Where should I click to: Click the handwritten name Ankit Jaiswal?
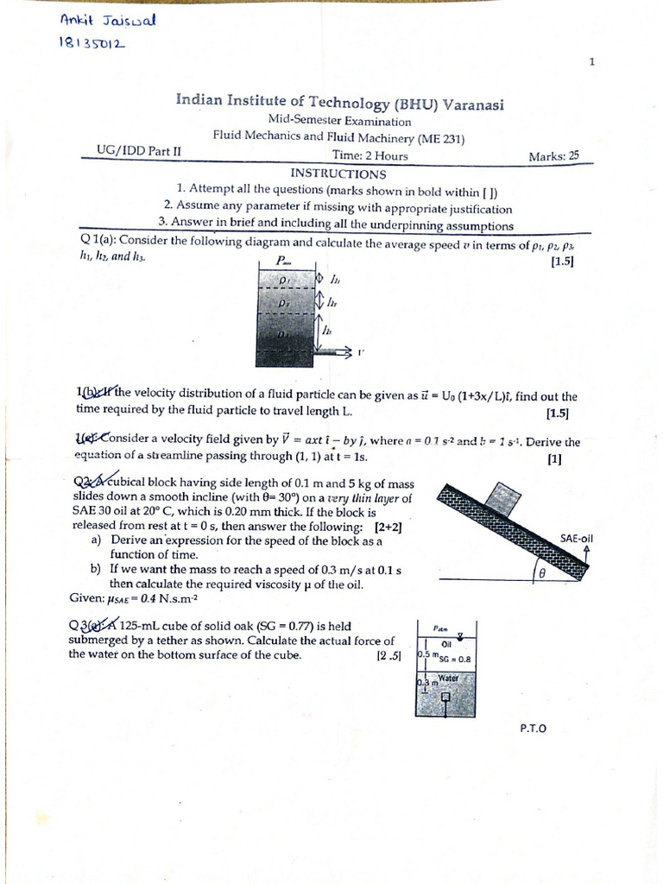click(x=107, y=21)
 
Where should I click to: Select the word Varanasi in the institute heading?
click(x=474, y=104)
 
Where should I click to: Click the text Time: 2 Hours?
click(x=369, y=155)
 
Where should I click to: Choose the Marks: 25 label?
click(x=553, y=156)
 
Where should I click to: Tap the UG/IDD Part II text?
click(x=140, y=150)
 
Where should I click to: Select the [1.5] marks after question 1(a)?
click(x=561, y=262)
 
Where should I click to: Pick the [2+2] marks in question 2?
click(x=388, y=526)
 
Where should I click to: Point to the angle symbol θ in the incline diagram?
click(x=543, y=572)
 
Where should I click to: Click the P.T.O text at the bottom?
click(x=533, y=728)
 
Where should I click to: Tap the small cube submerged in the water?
click(x=446, y=698)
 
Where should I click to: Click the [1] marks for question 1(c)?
click(x=554, y=459)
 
